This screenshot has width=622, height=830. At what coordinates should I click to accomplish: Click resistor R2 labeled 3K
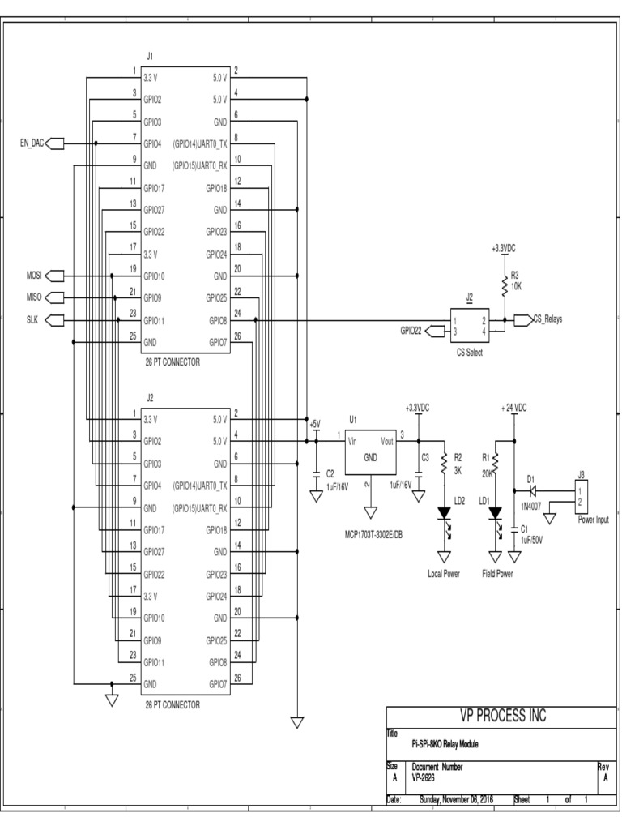[444, 464]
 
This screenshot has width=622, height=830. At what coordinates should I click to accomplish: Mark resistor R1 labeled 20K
[495, 464]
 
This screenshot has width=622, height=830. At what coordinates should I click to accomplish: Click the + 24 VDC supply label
[513, 408]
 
